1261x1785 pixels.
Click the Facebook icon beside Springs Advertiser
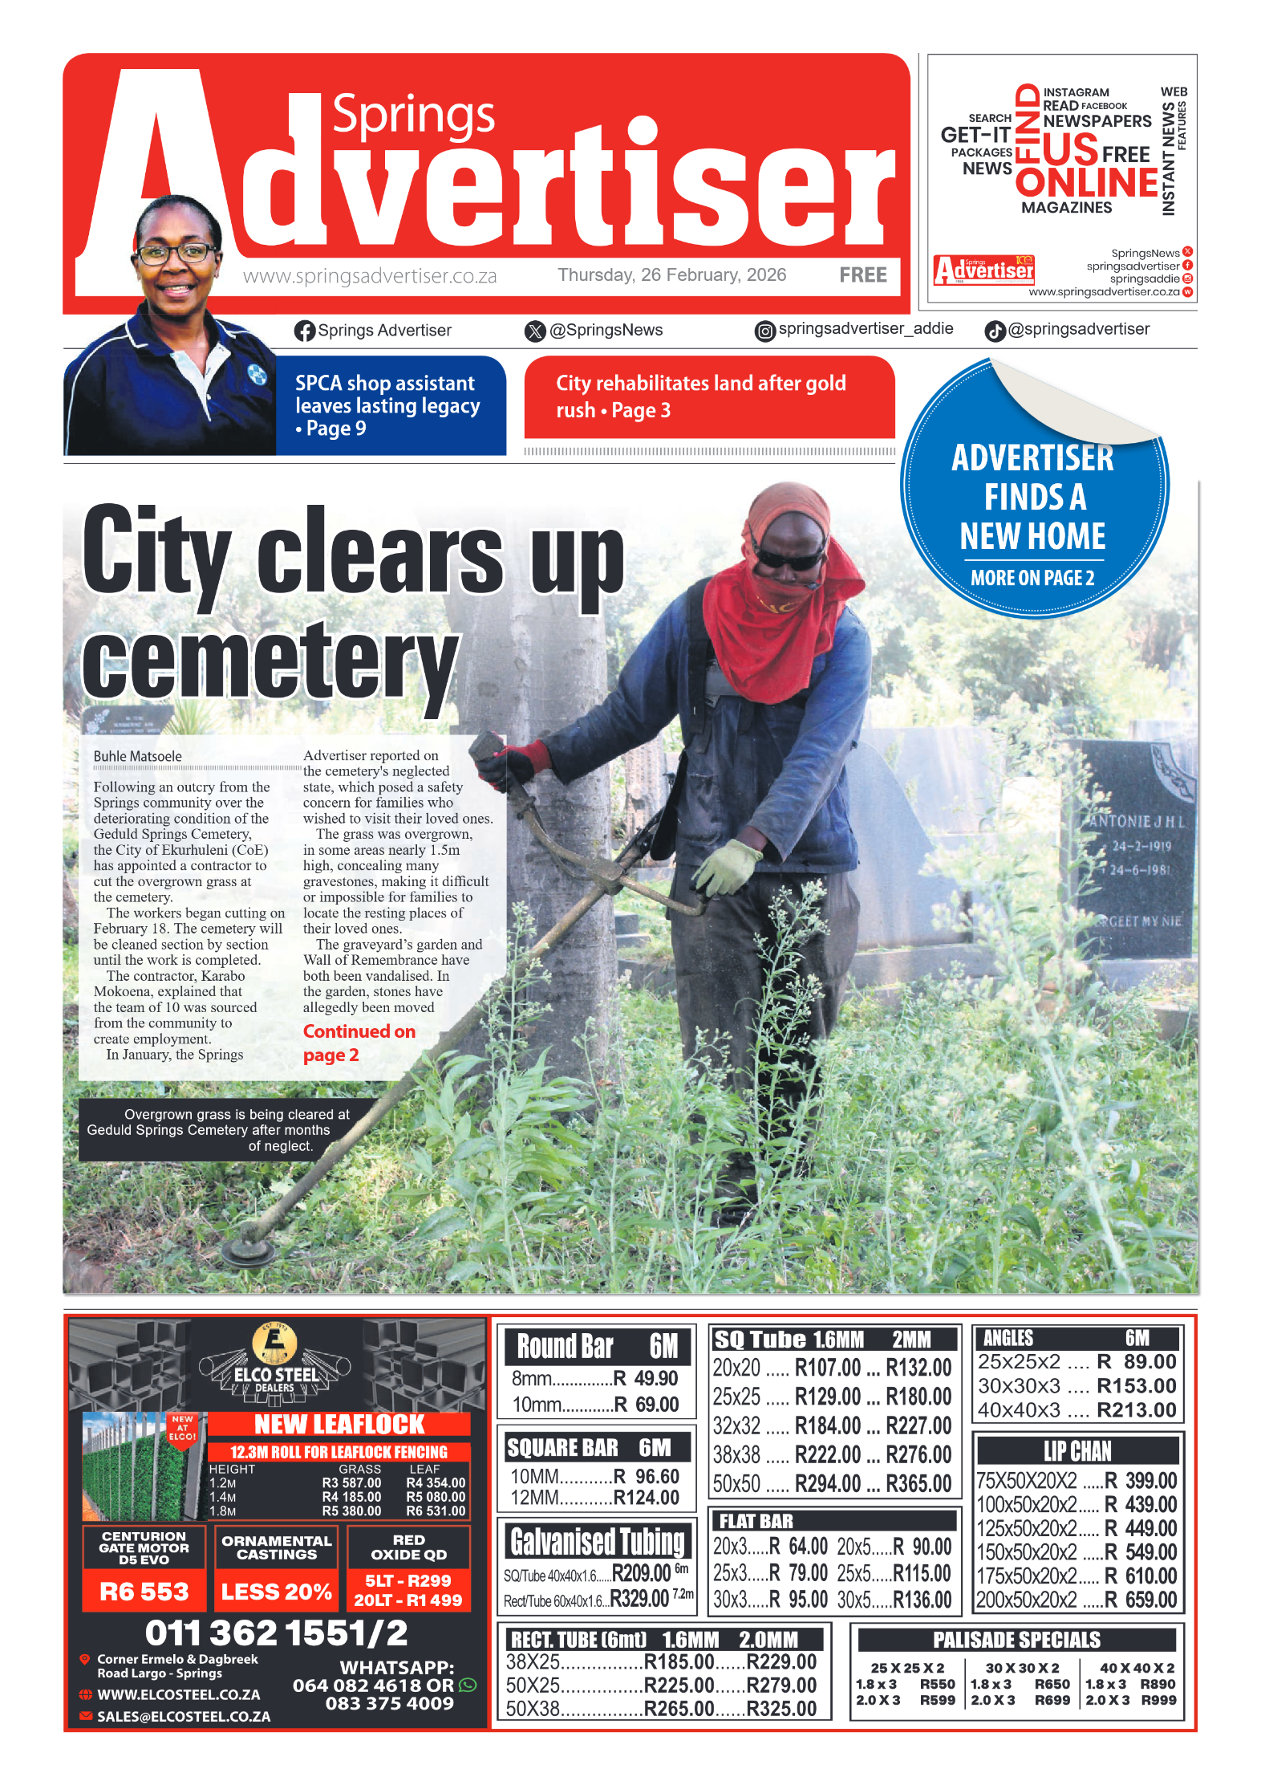click(304, 331)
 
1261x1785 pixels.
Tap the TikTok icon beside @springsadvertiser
click(995, 331)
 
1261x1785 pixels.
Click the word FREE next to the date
click(862, 275)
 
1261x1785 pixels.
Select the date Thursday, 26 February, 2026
click(671, 275)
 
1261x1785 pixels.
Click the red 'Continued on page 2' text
click(359, 1043)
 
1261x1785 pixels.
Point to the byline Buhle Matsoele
click(137, 756)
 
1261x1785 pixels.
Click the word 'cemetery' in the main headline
click(270, 663)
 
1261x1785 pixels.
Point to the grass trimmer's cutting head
click(248, 1249)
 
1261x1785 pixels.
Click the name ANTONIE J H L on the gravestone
click(1137, 822)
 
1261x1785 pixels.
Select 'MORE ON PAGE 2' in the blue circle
click(1032, 578)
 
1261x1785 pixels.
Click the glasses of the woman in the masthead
click(175, 254)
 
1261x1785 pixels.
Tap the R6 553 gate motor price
click(144, 1591)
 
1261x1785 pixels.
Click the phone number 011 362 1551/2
click(276, 1633)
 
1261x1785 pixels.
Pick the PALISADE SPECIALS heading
click(1016, 1640)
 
